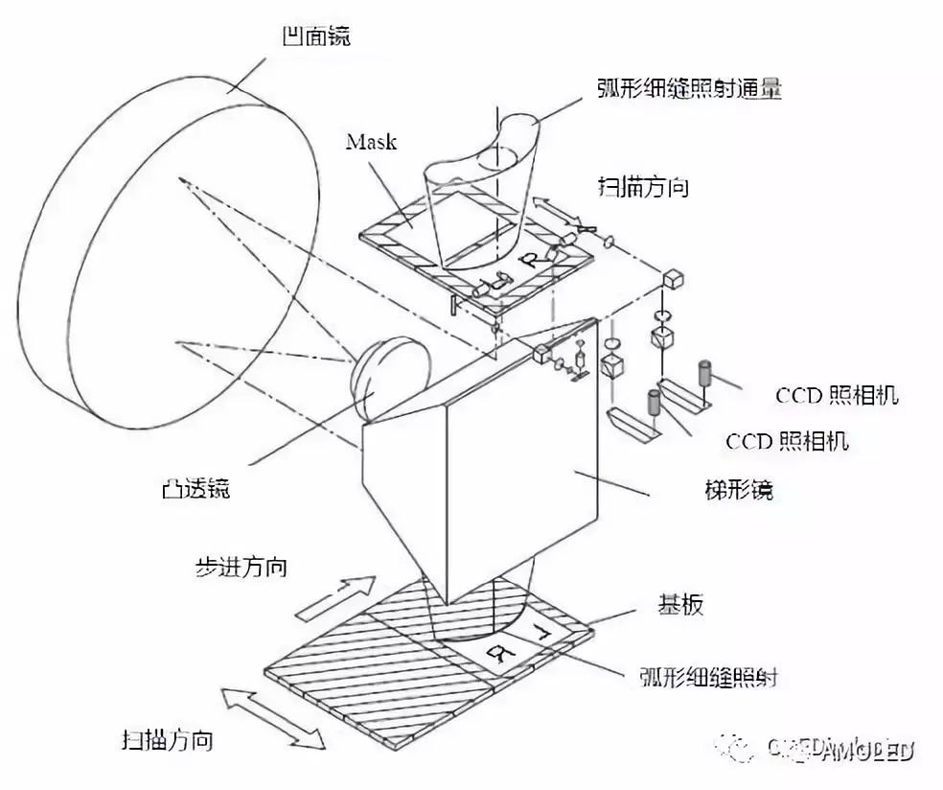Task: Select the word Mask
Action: pos(371,143)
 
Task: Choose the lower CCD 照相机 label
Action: pos(787,441)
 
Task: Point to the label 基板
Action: pos(681,605)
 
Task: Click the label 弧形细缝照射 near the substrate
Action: pos(706,678)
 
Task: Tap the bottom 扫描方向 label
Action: pos(167,740)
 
